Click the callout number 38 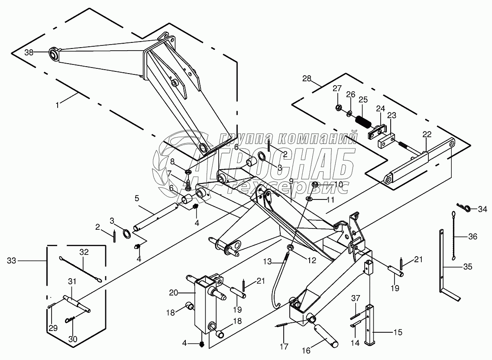point(29,53)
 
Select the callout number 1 point(57,106)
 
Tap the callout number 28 point(307,78)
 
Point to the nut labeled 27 point(338,108)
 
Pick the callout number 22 point(427,135)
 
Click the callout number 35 point(467,267)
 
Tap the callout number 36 point(473,236)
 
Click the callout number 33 point(12,260)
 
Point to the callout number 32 point(84,252)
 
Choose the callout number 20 point(174,293)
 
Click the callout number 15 point(398,332)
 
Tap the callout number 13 point(267,261)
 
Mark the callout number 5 point(137,198)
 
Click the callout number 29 point(53,328)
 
